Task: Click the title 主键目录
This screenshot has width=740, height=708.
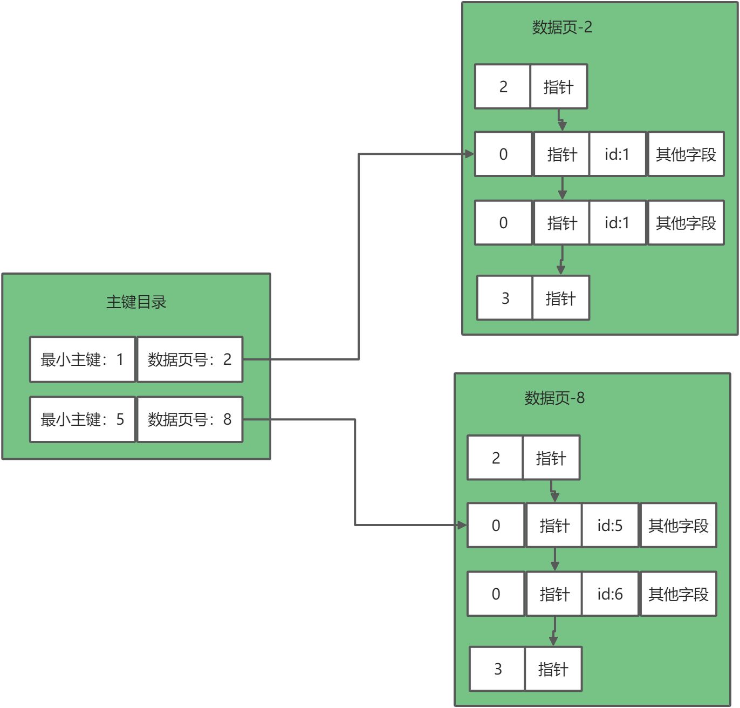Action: point(136,302)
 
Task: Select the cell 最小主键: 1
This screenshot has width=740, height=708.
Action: point(83,359)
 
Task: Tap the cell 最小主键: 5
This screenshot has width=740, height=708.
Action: point(83,419)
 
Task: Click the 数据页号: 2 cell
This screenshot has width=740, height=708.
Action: point(190,359)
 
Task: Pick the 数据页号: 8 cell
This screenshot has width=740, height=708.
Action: point(190,419)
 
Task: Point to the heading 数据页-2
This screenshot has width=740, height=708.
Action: point(562,28)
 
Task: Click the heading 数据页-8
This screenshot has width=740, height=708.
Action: point(554,398)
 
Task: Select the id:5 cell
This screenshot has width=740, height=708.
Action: point(610,525)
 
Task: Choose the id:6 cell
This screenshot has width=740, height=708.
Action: point(610,594)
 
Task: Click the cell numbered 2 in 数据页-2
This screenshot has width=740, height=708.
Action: point(503,86)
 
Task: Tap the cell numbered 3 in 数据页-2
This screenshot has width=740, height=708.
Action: point(505,298)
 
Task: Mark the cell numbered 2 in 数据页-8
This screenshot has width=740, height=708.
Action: point(495,458)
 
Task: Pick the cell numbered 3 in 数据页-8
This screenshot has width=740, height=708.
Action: point(497,669)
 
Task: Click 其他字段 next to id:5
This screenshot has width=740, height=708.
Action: point(678,525)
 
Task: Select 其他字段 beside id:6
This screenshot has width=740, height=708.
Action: point(678,594)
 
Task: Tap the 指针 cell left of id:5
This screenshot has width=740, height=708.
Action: point(554,525)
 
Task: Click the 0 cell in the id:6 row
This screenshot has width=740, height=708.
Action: point(496,594)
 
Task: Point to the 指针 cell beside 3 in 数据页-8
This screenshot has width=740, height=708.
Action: point(553,669)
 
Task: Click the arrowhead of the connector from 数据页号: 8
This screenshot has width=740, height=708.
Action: point(462,525)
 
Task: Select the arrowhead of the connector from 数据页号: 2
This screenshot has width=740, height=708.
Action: point(470,154)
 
